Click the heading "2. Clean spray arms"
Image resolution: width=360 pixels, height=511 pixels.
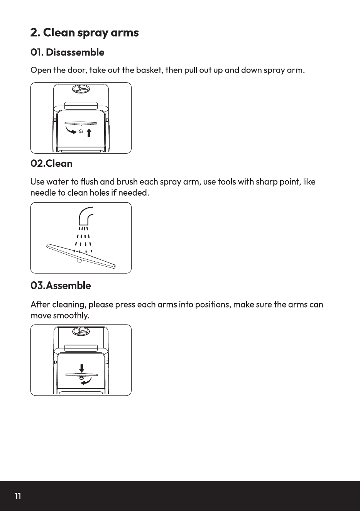85,33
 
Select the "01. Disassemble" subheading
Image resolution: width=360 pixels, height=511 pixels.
67,52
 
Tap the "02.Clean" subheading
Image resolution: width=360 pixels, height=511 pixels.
51,164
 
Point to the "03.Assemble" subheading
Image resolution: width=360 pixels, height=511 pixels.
61,286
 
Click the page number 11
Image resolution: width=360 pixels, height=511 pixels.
18,496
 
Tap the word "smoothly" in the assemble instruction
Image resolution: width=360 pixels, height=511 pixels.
71,315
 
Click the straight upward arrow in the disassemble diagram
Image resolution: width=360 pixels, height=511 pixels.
89,133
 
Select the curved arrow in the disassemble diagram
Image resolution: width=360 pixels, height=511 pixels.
70,130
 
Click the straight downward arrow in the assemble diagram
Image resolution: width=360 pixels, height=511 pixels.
81,368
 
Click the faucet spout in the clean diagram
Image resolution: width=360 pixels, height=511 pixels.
85,216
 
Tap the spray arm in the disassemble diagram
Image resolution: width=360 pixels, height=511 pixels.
81,124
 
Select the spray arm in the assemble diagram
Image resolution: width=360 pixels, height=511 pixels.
81,375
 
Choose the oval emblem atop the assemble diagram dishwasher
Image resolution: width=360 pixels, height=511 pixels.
81,331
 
